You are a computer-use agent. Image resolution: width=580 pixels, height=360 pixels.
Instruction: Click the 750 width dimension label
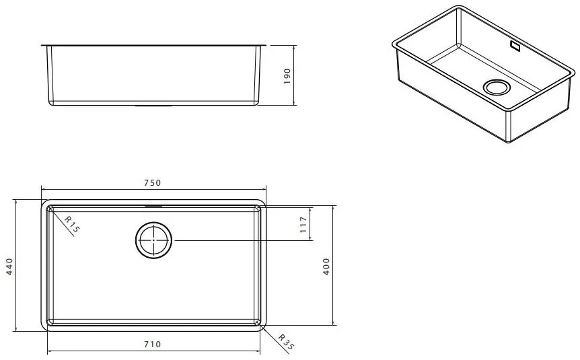click(x=152, y=183)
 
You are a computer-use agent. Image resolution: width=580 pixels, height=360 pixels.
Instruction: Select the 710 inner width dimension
click(x=152, y=344)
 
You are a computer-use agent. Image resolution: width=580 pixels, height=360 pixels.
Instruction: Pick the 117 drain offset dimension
click(x=303, y=225)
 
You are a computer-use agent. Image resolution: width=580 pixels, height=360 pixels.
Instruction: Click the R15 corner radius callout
click(x=71, y=224)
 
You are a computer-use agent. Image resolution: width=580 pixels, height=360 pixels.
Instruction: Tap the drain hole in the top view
click(x=154, y=240)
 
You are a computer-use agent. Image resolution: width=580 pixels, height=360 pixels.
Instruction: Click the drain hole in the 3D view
click(x=498, y=87)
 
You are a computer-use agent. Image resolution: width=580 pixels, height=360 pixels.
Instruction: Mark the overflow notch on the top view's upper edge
click(x=153, y=205)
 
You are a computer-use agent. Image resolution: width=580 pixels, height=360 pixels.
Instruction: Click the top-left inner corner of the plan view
click(x=48, y=209)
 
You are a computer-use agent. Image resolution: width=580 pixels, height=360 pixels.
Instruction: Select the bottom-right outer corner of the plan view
click(x=263, y=329)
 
